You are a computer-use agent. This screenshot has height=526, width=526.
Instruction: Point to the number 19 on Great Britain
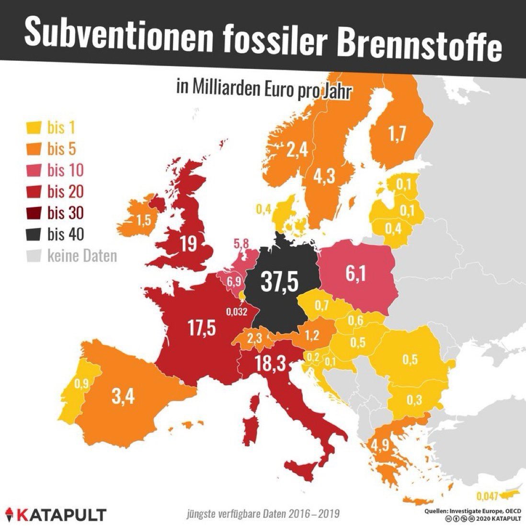coord(189,244)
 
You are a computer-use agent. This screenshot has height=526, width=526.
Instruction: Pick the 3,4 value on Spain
coord(124,396)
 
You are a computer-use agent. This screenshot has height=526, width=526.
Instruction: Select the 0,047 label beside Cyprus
coord(489,495)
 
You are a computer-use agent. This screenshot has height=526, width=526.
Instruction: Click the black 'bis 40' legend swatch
coord(32,234)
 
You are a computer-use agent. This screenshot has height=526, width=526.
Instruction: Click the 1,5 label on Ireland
coord(142,222)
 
